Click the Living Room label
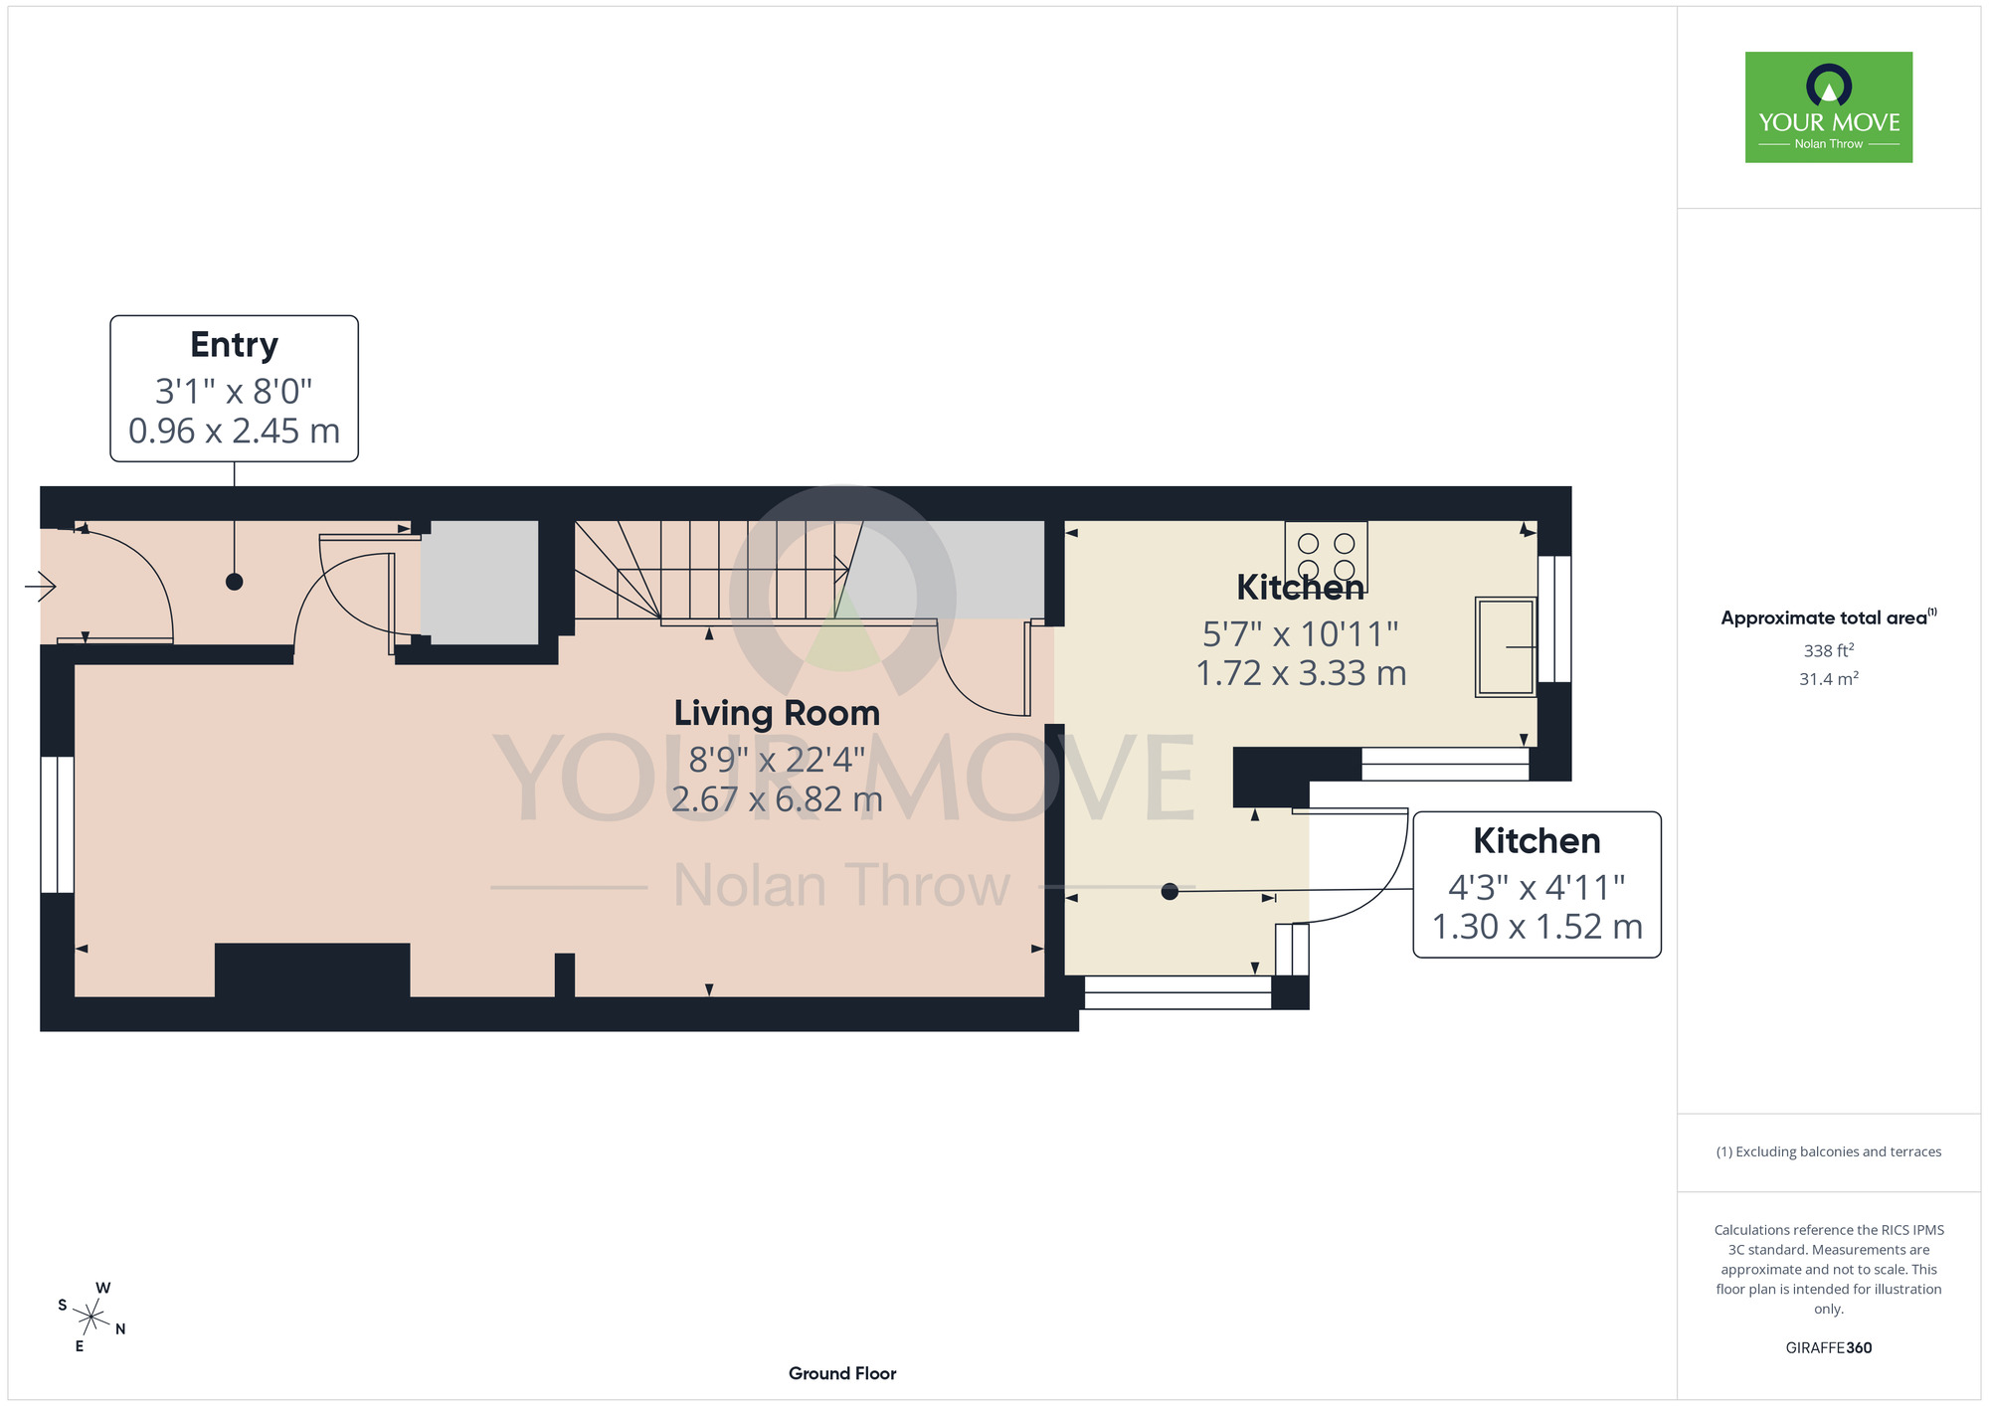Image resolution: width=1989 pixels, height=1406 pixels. click(777, 713)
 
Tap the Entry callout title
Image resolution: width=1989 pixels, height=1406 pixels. click(234, 345)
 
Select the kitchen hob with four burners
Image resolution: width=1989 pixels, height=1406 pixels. click(1326, 557)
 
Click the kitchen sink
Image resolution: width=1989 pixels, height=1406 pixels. click(1506, 646)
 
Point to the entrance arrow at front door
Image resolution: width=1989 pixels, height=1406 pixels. click(41, 587)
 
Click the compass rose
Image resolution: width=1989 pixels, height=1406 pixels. click(91, 1318)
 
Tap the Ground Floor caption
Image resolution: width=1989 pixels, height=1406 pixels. click(842, 1373)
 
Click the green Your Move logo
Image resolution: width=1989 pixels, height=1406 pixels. click(1829, 107)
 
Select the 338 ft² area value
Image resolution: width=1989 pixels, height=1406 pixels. click(1829, 650)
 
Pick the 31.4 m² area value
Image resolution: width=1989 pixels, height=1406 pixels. click(1829, 678)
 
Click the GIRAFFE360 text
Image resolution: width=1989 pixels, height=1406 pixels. click(1829, 1348)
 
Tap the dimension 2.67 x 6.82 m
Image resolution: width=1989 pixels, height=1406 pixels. click(777, 798)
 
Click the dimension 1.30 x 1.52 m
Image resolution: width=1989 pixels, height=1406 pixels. click(1537, 927)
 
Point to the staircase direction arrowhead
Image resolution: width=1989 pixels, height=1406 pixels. click(841, 570)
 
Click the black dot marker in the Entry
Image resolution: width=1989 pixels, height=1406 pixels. click(234, 582)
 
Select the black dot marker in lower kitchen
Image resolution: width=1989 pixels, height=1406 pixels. click(1170, 892)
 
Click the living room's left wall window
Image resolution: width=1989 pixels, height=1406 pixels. click(58, 825)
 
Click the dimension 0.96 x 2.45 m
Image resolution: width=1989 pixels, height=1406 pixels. click(234, 431)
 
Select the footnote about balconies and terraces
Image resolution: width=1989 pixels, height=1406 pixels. click(1829, 1151)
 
